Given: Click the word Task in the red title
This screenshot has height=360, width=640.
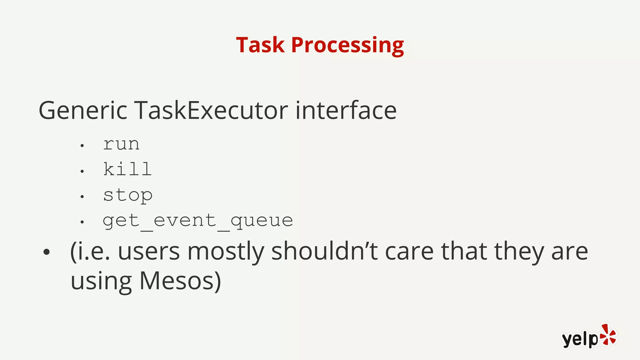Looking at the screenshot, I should pyautogui.click(x=260, y=45).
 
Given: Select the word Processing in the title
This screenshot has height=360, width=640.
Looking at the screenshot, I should pyautogui.click(x=347, y=46).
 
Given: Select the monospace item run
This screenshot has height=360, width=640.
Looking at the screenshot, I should pyautogui.click(x=121, y=144).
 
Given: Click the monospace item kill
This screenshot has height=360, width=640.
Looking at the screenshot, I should pyautogui.click(x=127, y=169).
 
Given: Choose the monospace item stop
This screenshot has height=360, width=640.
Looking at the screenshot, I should pyautogui.click(x=128, y=196).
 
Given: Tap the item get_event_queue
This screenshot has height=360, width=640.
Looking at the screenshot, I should pyautogui.click(x=198, y=221).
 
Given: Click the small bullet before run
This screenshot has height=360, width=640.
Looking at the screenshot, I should pyautogui.click(x=82, y=146).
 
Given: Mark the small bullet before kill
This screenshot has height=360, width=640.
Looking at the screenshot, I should pyautogui.click(x=82, y=171).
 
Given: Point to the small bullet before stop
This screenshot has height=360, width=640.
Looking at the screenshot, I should pyautogui.click(x=82, y=197).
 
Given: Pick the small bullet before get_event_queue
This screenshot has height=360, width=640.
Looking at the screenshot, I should pyautogui.click(x=82, y=222).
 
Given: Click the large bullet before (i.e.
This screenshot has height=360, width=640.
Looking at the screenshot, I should pyautogui.click(x=47, y=252).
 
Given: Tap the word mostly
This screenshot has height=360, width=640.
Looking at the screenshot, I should pyautogui.click(x=226, y=252).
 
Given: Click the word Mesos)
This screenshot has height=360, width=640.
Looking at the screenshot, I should pyautogui.click(x=180, y=281).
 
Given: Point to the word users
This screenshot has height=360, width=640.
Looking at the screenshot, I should pyautogui.click(x=149, y=252).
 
